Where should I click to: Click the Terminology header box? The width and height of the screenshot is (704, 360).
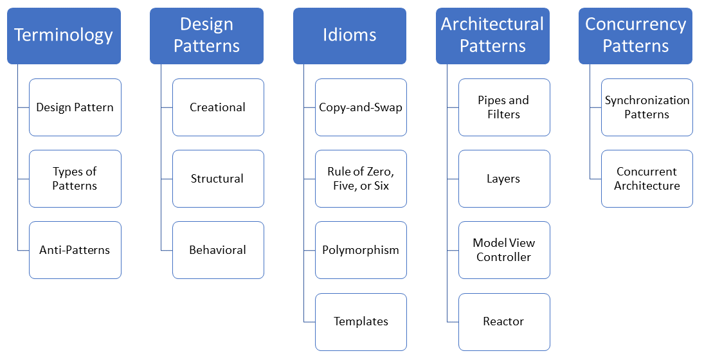[64, 36]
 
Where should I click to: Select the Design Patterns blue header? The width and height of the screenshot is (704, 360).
[206, 36]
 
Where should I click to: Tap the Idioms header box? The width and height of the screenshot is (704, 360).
[349, 36]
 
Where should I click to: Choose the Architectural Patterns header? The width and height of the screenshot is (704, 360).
[492, 36]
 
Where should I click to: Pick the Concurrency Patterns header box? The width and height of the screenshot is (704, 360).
[635, 36]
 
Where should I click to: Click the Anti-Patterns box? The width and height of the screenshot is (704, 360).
[75, 250]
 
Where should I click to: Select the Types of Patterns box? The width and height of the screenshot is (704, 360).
[75, 179]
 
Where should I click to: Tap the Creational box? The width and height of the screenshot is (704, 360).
[218, 107]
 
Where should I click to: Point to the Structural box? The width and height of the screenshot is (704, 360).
[218, 179]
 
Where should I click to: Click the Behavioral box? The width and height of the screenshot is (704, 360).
[218, 250]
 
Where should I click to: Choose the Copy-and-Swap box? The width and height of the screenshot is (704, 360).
[361, 107]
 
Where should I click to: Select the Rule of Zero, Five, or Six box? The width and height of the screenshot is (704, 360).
[361, 179]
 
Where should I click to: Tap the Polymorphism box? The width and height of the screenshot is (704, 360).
[361, 250]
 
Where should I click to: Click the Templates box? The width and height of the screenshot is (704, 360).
[361, 321]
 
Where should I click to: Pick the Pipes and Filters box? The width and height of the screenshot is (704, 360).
[504, 107]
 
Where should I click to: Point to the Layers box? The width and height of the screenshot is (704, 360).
[504, 179]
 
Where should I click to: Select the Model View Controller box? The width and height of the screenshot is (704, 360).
[504, 250]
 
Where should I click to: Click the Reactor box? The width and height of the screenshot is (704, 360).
[504, 321]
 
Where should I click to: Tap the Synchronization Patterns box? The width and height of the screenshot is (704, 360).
[647, 107]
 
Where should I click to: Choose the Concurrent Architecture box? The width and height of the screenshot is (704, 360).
[647, 179]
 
